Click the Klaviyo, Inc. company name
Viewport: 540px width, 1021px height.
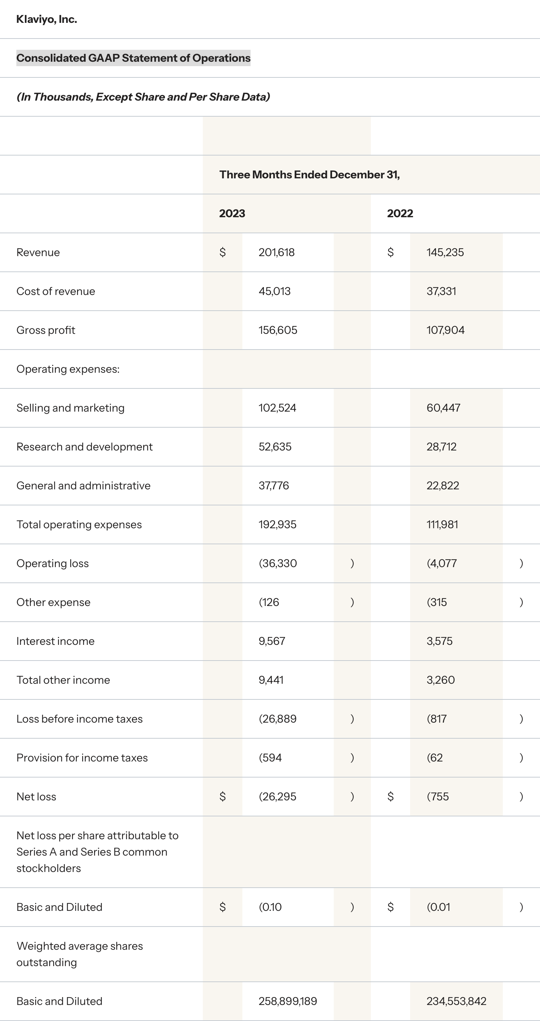[x=47, y=19]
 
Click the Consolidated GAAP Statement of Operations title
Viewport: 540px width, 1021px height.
[x=133, y=58]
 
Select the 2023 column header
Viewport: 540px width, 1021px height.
[x=232, y=213]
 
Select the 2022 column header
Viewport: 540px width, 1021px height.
[x=400, y=213]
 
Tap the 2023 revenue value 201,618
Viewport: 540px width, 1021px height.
[x=276, y=252]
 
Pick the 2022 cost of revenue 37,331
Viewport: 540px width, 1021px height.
[x=441, y=291]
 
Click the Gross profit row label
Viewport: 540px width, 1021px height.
[x=46, y=330]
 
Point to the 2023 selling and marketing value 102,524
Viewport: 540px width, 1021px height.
[x=277, y=408]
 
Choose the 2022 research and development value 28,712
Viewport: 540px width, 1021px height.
[x=441, y=447]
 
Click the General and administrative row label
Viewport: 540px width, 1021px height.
[x=84, y=486]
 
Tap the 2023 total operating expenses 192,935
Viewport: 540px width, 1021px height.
[x=277, y=524]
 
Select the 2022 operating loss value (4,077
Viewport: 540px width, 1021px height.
[x=442, y=563]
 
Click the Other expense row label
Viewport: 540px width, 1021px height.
[x=54, y=602]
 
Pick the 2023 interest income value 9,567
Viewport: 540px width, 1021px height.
[x=272, y=641]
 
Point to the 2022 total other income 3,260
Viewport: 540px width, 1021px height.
[x=440, y=680]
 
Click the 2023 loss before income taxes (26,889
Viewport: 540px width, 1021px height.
[x=277, y=719]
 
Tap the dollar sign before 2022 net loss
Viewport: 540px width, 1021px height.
[x=390, y=796]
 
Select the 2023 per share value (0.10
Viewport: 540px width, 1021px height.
[x=270, y=907]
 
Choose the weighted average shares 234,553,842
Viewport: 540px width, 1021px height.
[x=456, y=1001]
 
